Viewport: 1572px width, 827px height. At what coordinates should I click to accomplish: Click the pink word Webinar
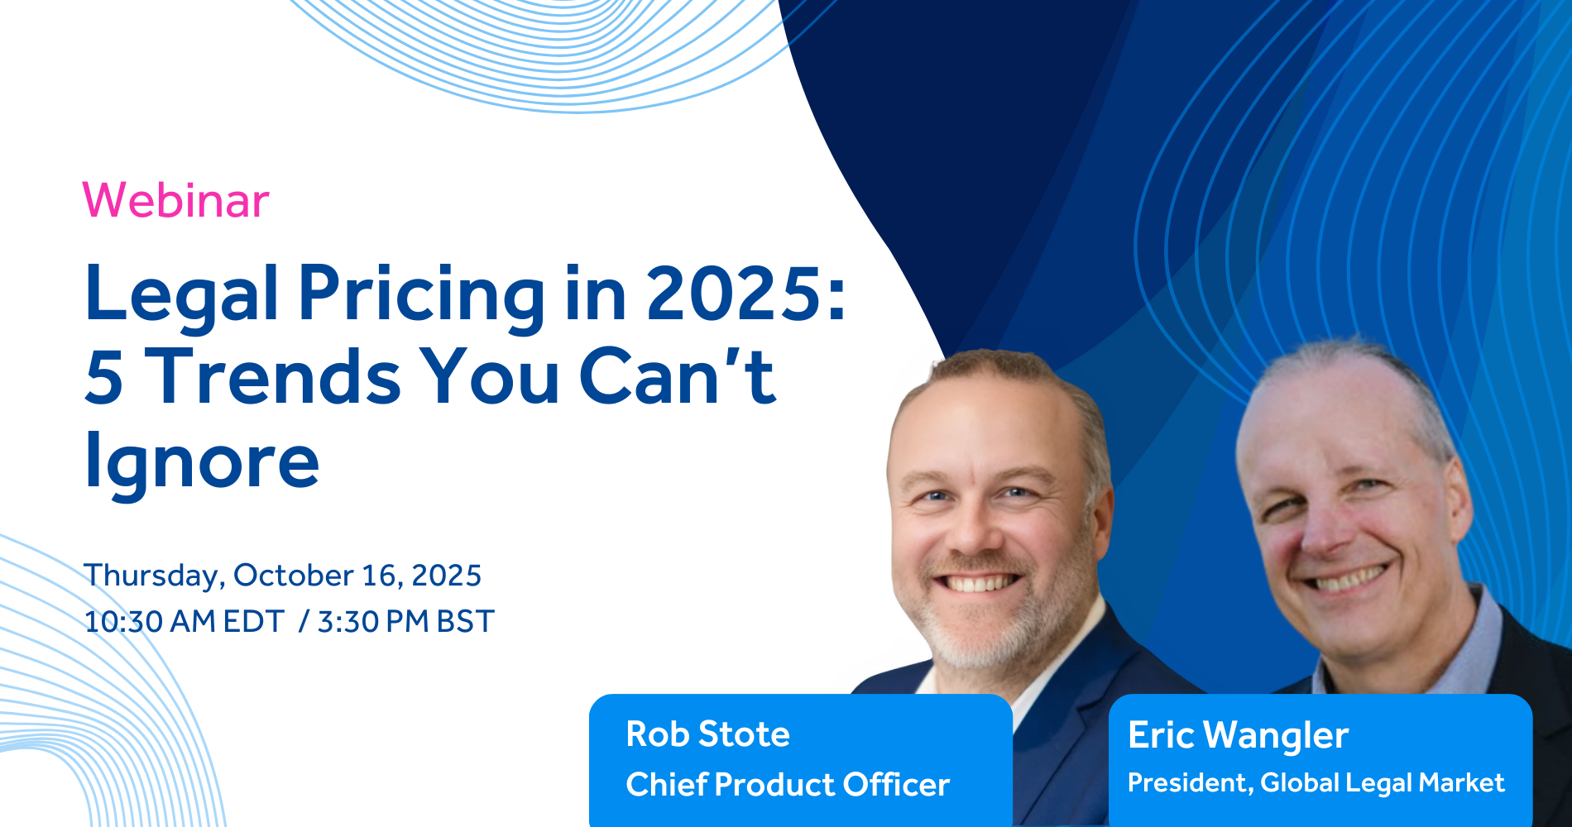pos(176,200)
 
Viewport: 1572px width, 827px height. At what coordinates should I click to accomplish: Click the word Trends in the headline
pos(276,377)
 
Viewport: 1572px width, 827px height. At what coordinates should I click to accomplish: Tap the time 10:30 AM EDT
pos(185,621)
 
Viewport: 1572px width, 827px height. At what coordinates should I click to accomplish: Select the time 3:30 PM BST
pos(405,621)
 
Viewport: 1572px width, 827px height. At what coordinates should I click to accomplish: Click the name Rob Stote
pos(707,734)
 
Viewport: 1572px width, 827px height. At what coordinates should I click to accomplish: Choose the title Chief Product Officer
pos(788,785)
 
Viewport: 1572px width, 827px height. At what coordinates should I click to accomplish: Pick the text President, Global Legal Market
pos(1316,783)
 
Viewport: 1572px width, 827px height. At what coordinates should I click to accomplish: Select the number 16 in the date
pos(378,576)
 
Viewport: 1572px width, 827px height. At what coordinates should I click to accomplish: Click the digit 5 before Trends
pos(104,378)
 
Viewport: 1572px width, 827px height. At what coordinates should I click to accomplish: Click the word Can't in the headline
pos(678,377)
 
